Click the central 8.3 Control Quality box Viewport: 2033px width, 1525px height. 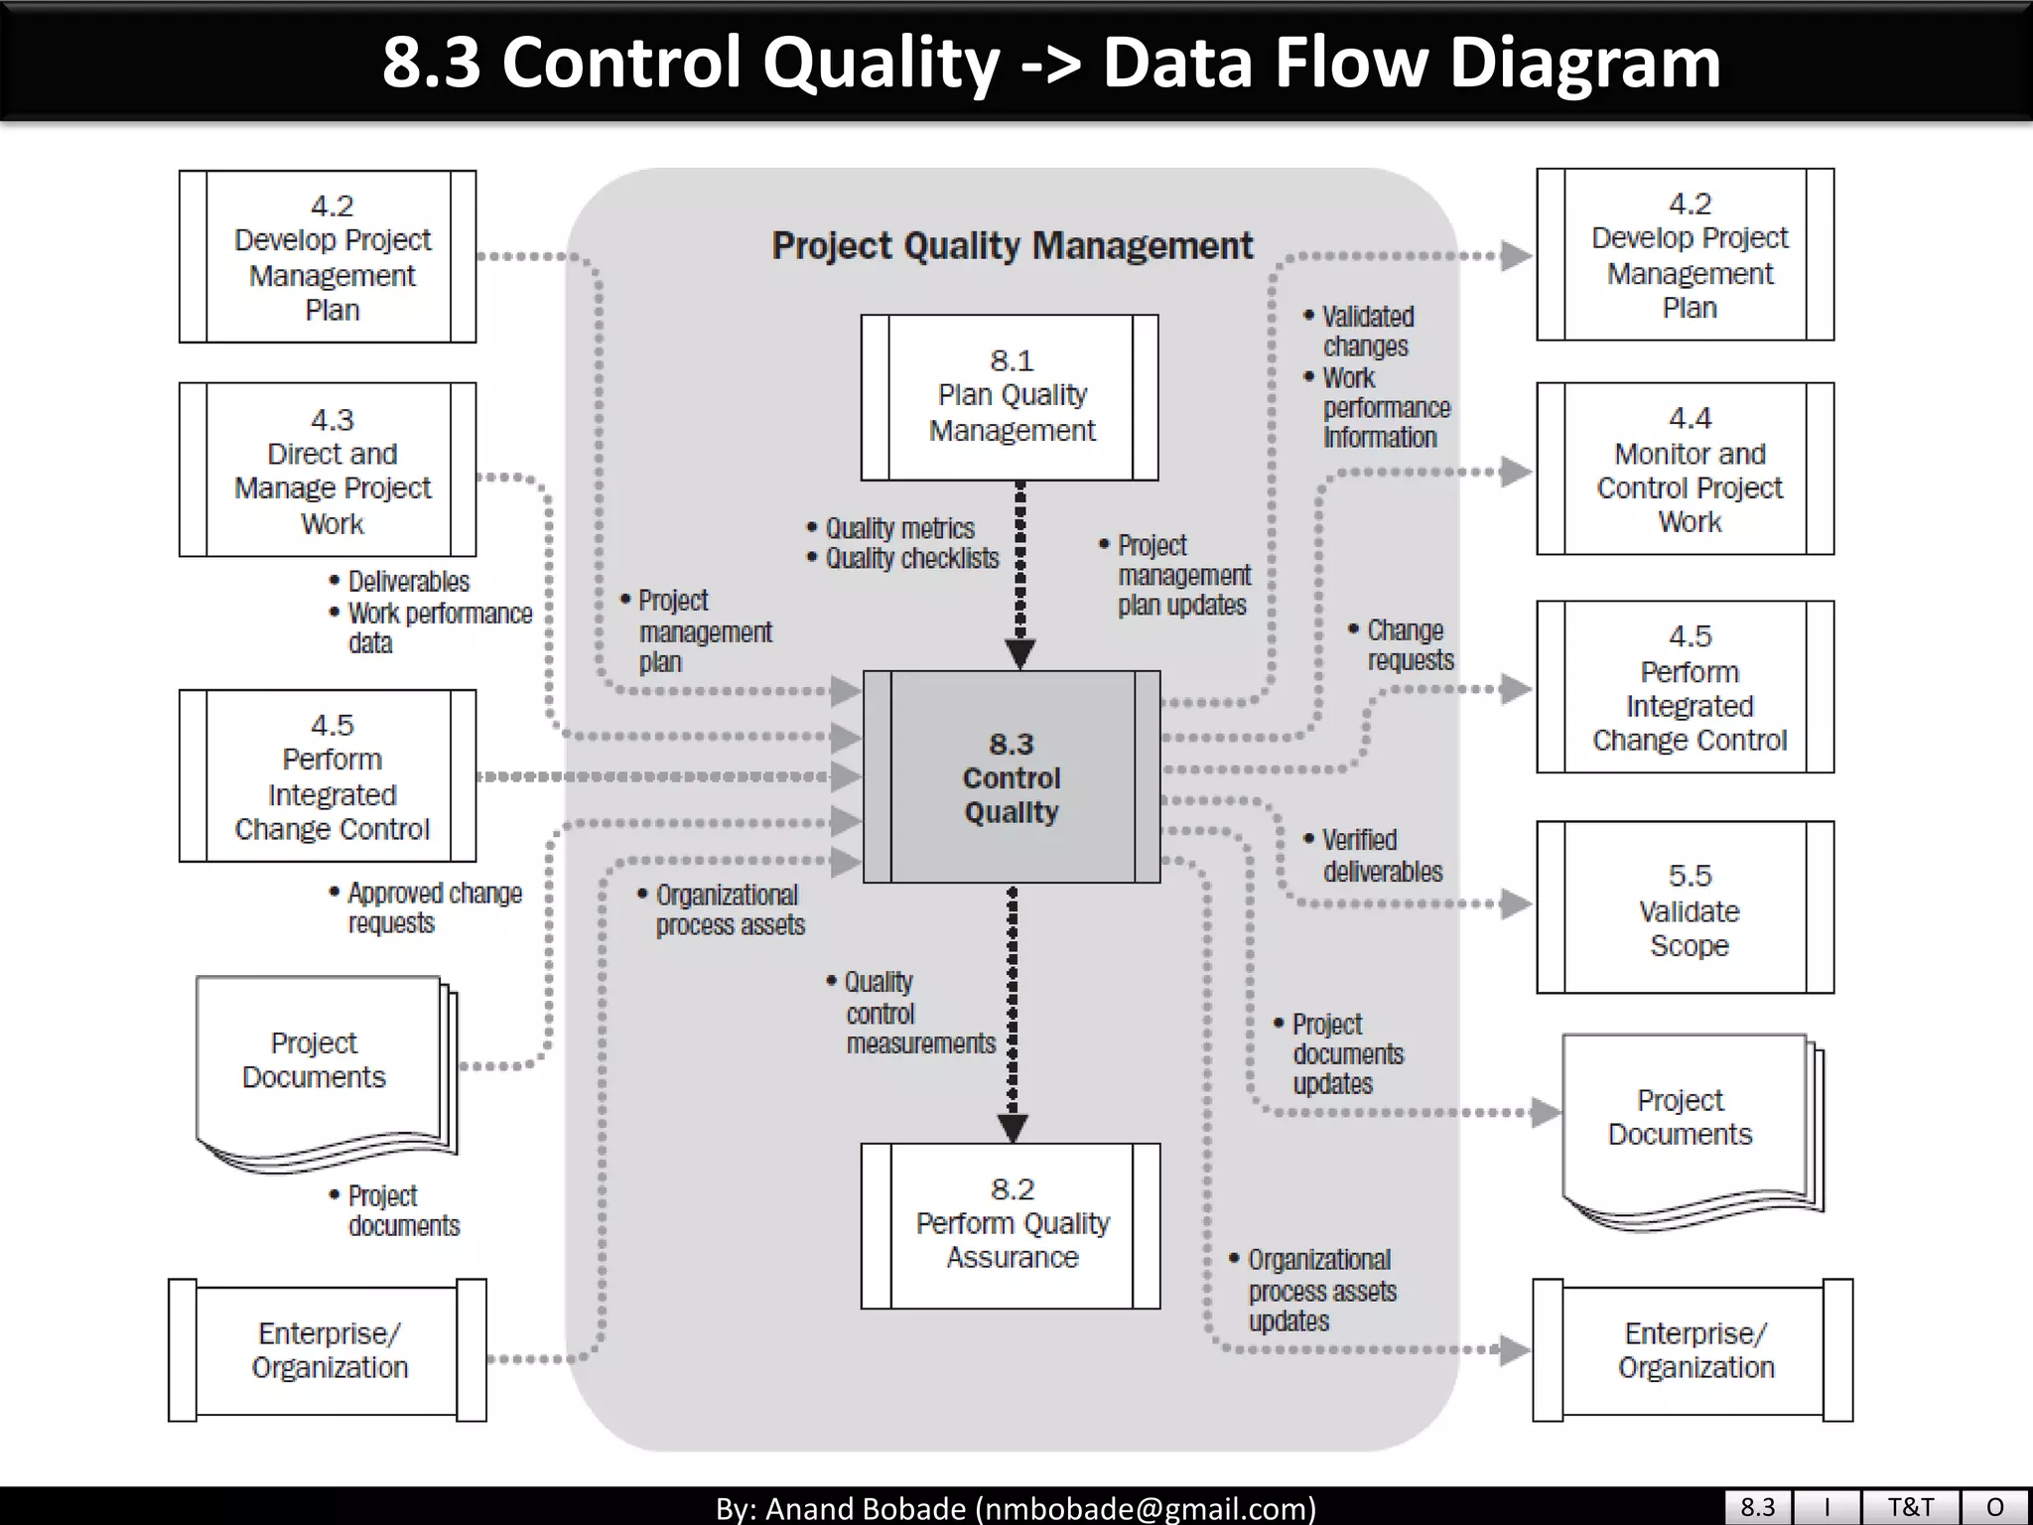[1012, 777]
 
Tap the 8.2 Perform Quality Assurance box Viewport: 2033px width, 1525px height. [1011, 1225]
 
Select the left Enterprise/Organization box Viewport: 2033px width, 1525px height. [328, 1350]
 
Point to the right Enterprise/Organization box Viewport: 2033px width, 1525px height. [1694, 1350]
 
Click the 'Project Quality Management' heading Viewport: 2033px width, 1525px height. [1013, 245]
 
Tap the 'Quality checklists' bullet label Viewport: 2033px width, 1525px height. [911, 559]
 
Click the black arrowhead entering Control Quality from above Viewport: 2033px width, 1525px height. [1020, 653]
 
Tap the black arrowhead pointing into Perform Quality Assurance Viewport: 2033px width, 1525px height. [1013, 1128]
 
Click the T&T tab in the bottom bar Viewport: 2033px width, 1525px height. [1910, 1506]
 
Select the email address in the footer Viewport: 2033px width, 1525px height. [1146, 1508]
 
